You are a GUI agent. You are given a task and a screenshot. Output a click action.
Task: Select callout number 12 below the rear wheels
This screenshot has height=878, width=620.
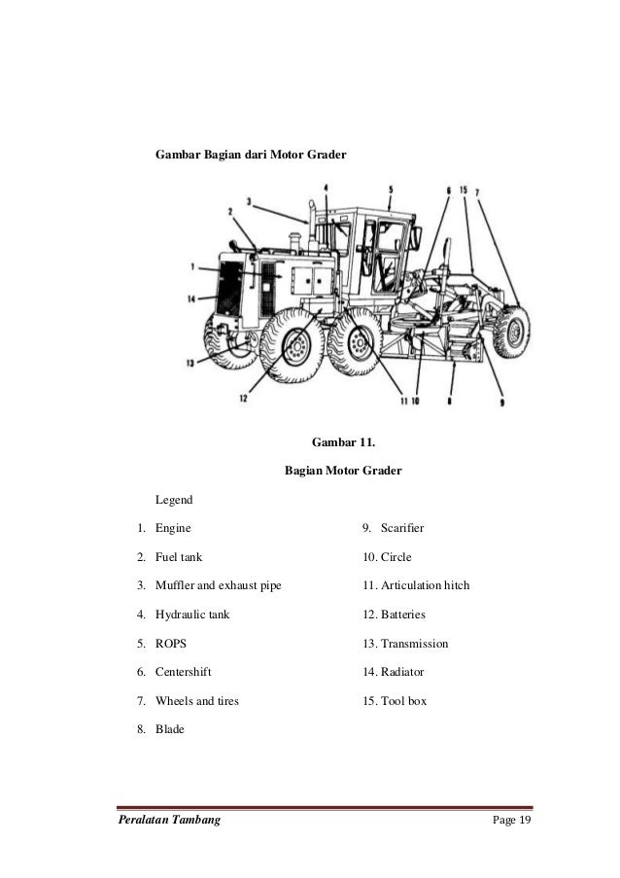(x=244, y=398)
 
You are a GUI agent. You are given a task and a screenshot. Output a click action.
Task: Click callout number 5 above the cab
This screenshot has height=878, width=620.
(x=390, y=190)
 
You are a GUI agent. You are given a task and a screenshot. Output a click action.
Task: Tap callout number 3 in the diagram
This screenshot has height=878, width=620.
(x=249, y=202)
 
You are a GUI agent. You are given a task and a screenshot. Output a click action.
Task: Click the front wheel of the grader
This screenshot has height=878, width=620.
(x=509, y=331)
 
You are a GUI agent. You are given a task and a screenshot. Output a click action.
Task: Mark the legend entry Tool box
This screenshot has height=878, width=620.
(x=394, y=701)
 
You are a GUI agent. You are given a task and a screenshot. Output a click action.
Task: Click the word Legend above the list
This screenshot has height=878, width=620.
(x=175, y=500)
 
